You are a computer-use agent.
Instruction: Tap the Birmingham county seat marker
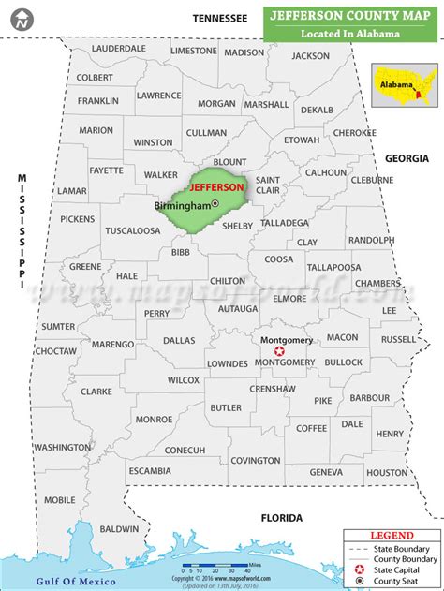(x=215, y=203)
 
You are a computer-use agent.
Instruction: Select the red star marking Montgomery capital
(x=278, y=350)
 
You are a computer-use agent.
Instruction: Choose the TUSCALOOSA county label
(x=132, y=230)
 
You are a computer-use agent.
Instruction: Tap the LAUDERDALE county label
(x=119, y=48)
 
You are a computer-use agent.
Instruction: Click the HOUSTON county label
(x=385, y=473)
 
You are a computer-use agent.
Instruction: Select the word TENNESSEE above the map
(x=220, y=18)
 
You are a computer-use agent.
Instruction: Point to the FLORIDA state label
(x=281, y=517)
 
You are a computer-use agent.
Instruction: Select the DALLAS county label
(x=178, y=340)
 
